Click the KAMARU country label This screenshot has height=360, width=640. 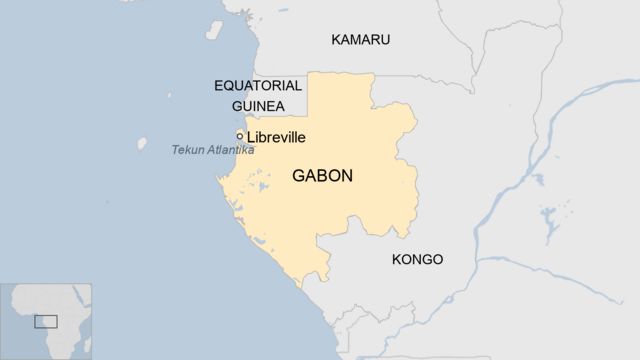point(360,40)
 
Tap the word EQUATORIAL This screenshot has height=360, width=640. point(258,86)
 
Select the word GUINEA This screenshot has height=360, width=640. point(258,106)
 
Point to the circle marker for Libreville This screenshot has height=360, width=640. point(240,136)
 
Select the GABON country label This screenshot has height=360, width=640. point(322,176)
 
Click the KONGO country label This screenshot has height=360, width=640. point(417,260)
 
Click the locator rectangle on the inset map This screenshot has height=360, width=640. point(45,321)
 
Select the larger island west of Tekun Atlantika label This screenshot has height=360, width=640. point(142,144)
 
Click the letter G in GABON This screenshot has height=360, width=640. point(299,176)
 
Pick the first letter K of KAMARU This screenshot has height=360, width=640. point(336,40)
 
